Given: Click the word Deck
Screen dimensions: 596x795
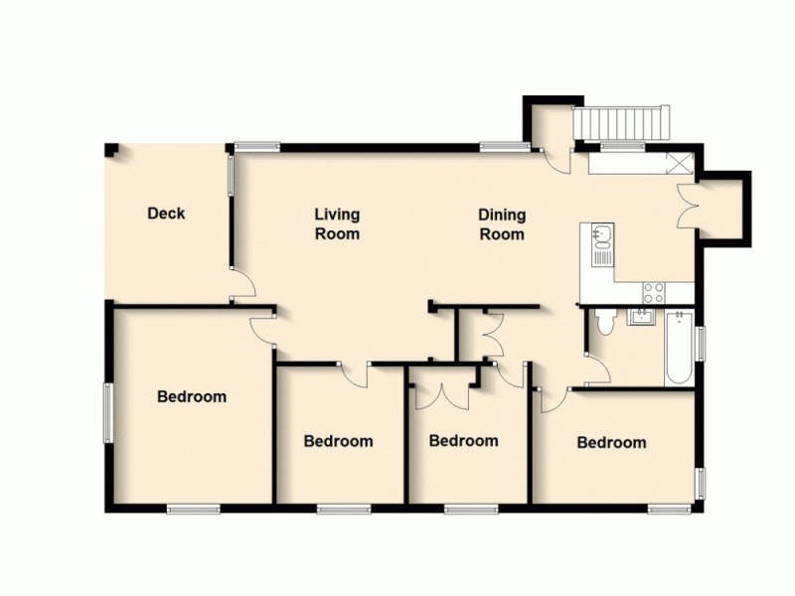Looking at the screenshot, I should click(x=166, y=213).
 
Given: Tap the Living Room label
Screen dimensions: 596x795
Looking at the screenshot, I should click(x=337, y=224).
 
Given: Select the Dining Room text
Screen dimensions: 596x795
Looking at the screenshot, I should click(x=502, y=224).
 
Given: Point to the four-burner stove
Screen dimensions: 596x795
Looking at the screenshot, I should click(x=654, y=292).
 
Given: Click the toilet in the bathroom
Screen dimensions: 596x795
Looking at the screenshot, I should click(x=603, y=324).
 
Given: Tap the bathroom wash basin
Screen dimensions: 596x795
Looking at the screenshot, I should click(x=641, y=318).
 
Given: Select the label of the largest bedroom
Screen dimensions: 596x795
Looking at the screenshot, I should click(x=192, y=397).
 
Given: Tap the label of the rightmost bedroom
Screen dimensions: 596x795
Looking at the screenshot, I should click(x=611, y=443).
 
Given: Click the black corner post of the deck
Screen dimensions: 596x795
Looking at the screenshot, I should click(x=111, y=150).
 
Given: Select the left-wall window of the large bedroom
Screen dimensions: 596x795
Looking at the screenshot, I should click(x=109, y=410).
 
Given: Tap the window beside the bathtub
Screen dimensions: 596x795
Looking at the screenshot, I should click(x=702, y=343).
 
